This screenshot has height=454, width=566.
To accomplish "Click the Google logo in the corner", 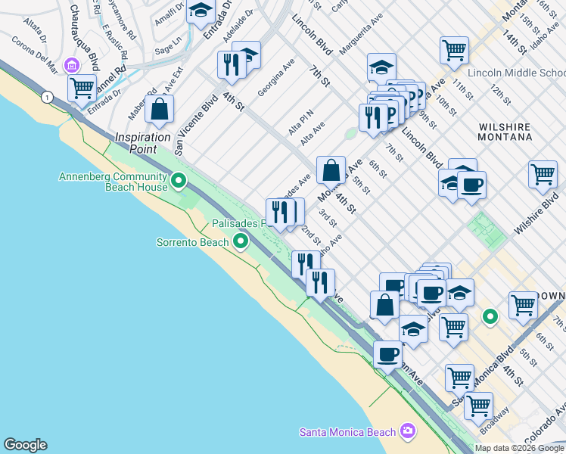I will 25,446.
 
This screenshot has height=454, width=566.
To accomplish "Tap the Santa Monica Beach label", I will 347,432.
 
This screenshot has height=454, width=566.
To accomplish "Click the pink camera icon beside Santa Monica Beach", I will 409,431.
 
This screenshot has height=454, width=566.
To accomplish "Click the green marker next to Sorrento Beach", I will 241,242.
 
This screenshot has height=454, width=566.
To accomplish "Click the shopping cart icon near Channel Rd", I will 82,87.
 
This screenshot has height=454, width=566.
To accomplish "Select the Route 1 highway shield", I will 48,98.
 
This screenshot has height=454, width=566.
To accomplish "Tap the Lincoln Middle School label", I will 516,73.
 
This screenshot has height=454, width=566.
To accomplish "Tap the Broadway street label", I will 496,424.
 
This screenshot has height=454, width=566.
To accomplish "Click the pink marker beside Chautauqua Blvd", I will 73,65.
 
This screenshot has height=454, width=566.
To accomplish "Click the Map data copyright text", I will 519,448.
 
